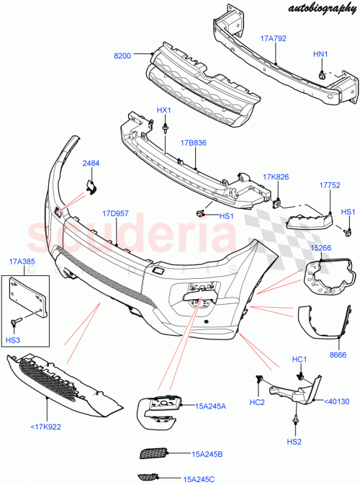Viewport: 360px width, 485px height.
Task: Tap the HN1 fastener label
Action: [x=320, y=55]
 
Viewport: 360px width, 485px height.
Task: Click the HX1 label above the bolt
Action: [x=164, y=110]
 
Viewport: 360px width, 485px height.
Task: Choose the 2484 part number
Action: [x=91, y=164]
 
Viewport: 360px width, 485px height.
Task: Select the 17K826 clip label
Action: [x=276, y=177]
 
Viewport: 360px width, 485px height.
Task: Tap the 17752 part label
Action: [x=329, y=184]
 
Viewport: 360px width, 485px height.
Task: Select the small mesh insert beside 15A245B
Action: [x=153, y=453]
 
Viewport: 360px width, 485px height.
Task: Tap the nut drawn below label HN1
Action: [x=322, y=74]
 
